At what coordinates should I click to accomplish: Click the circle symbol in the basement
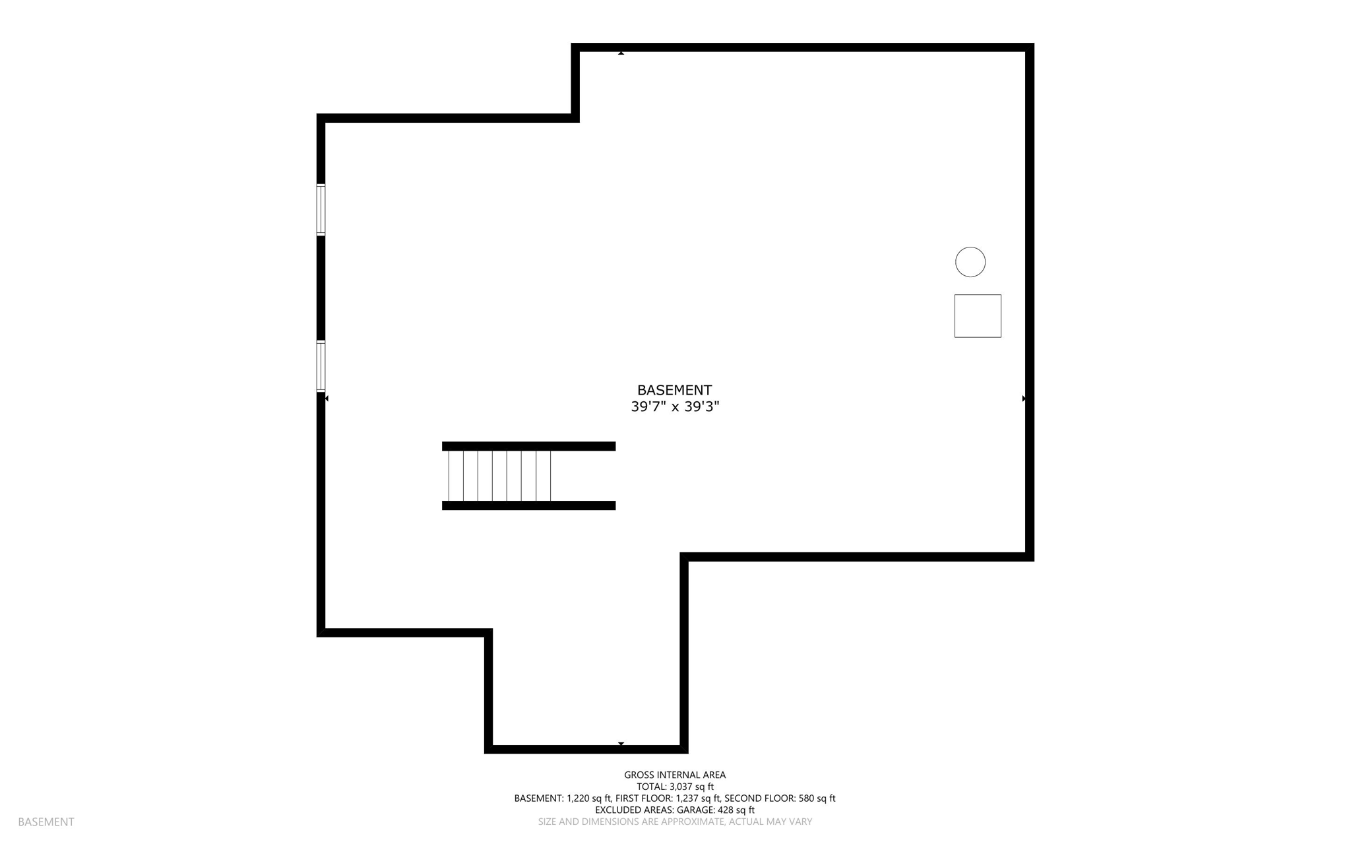coord(970,262)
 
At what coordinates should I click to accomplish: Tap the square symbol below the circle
coord(978,316)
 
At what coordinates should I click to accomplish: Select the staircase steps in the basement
coord(499,476)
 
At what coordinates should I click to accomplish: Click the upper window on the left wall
coord(321,210)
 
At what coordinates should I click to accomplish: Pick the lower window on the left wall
coord(321,366)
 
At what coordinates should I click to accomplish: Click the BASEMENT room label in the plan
coord(674,390)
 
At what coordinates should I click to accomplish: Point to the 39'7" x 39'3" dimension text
coord(674,406)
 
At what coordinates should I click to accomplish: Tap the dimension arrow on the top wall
coord(621,53)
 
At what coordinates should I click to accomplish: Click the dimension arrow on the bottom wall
coord(621,744)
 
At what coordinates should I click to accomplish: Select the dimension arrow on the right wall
coord(1024,399)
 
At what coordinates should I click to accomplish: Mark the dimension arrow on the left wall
coord(326,399)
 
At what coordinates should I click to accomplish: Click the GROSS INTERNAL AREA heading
coord(675,775)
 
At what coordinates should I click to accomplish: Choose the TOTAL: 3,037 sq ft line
coord(675,787)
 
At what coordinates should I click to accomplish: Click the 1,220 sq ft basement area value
coord(588,798)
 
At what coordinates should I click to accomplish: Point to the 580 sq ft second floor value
coord(817,798)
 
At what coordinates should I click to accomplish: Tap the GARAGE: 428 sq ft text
coord(715,810)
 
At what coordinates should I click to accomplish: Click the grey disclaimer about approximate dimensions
coord(675,822)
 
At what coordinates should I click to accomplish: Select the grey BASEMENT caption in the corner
coord(46,822)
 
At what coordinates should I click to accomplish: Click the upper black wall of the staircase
coord(528,446)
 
